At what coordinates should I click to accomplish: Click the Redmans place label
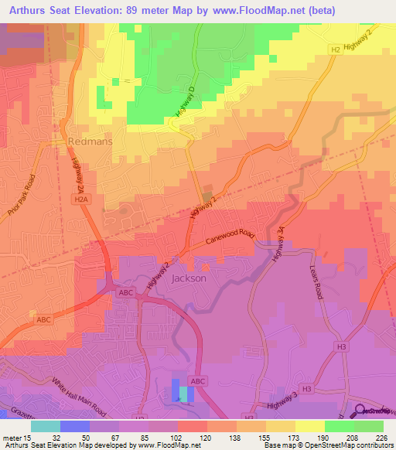point(92,142)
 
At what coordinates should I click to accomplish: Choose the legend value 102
point(178,437)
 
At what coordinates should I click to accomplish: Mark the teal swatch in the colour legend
point(45,426)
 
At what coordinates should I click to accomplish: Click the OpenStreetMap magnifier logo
point(360,411)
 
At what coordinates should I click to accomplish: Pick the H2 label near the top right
point(335,49)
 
